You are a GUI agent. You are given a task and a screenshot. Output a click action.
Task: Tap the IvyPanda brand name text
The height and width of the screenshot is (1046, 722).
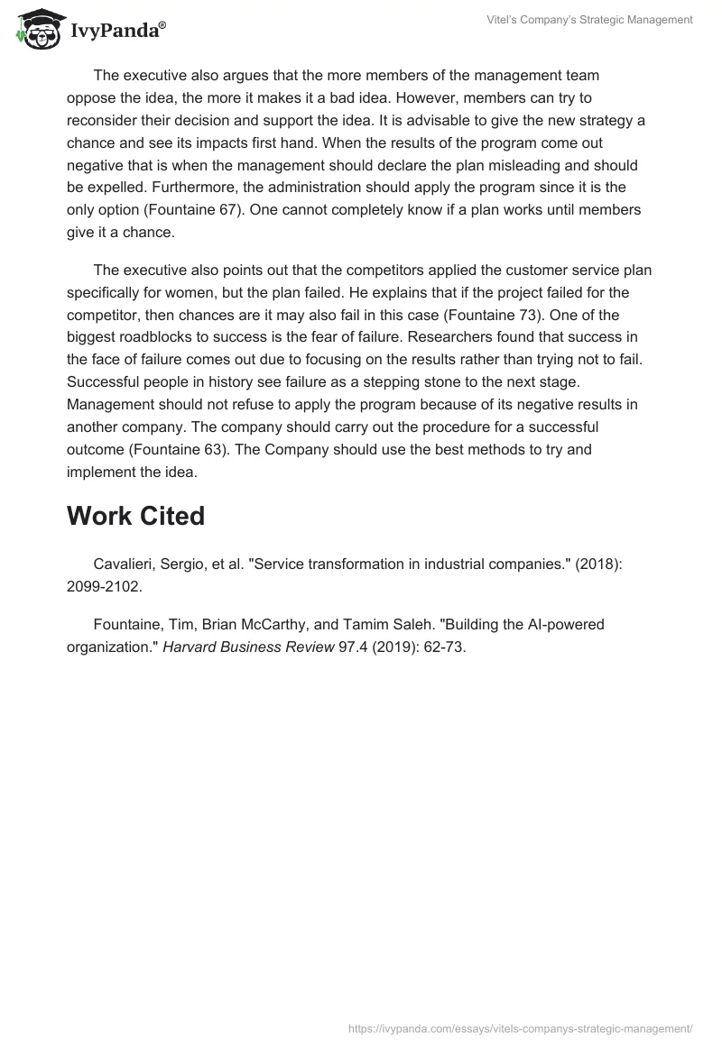coord(116,31)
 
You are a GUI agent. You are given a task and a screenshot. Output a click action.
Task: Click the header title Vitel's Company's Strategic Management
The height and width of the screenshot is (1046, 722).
coord(601,20)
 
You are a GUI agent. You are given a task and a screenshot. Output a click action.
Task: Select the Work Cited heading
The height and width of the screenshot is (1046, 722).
coord(135,516)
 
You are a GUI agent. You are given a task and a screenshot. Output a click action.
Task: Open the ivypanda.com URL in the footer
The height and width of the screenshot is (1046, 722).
coord(521,1027)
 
